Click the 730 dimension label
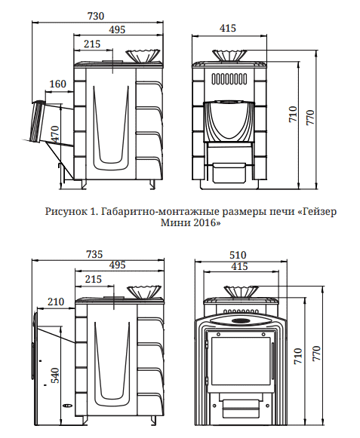tap(96, 16)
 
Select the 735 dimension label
tap(94, 254)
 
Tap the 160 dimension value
tap(58, 84)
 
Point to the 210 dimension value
tap(56, 302)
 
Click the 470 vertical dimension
tap(55, 135)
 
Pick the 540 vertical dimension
tap(55, 375)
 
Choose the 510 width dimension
tap(238, 255)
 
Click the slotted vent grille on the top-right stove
tap(229, 78)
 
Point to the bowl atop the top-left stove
tap(143, 56)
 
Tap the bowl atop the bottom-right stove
tap(241, 292)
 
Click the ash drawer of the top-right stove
tap(229, 173)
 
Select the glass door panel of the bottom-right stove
tap(241, 361)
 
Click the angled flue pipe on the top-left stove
tap(38, 122)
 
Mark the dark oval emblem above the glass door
tap(241, 320)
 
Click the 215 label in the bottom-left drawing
tap(94, 279)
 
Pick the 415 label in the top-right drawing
tap(228, 28)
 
